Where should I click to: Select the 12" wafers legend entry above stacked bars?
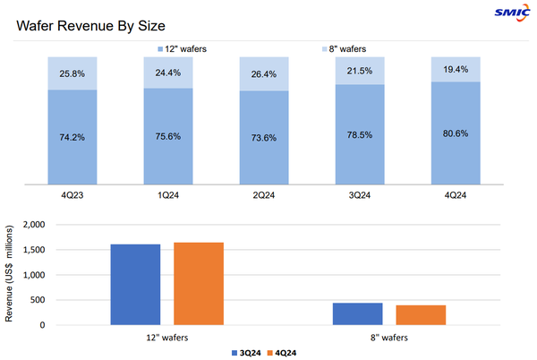pos(184,47)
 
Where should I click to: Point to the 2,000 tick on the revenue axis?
pos(33,225)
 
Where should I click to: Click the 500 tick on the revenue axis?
pos(38,300)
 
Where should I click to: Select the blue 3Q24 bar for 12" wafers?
pos(135,284)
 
